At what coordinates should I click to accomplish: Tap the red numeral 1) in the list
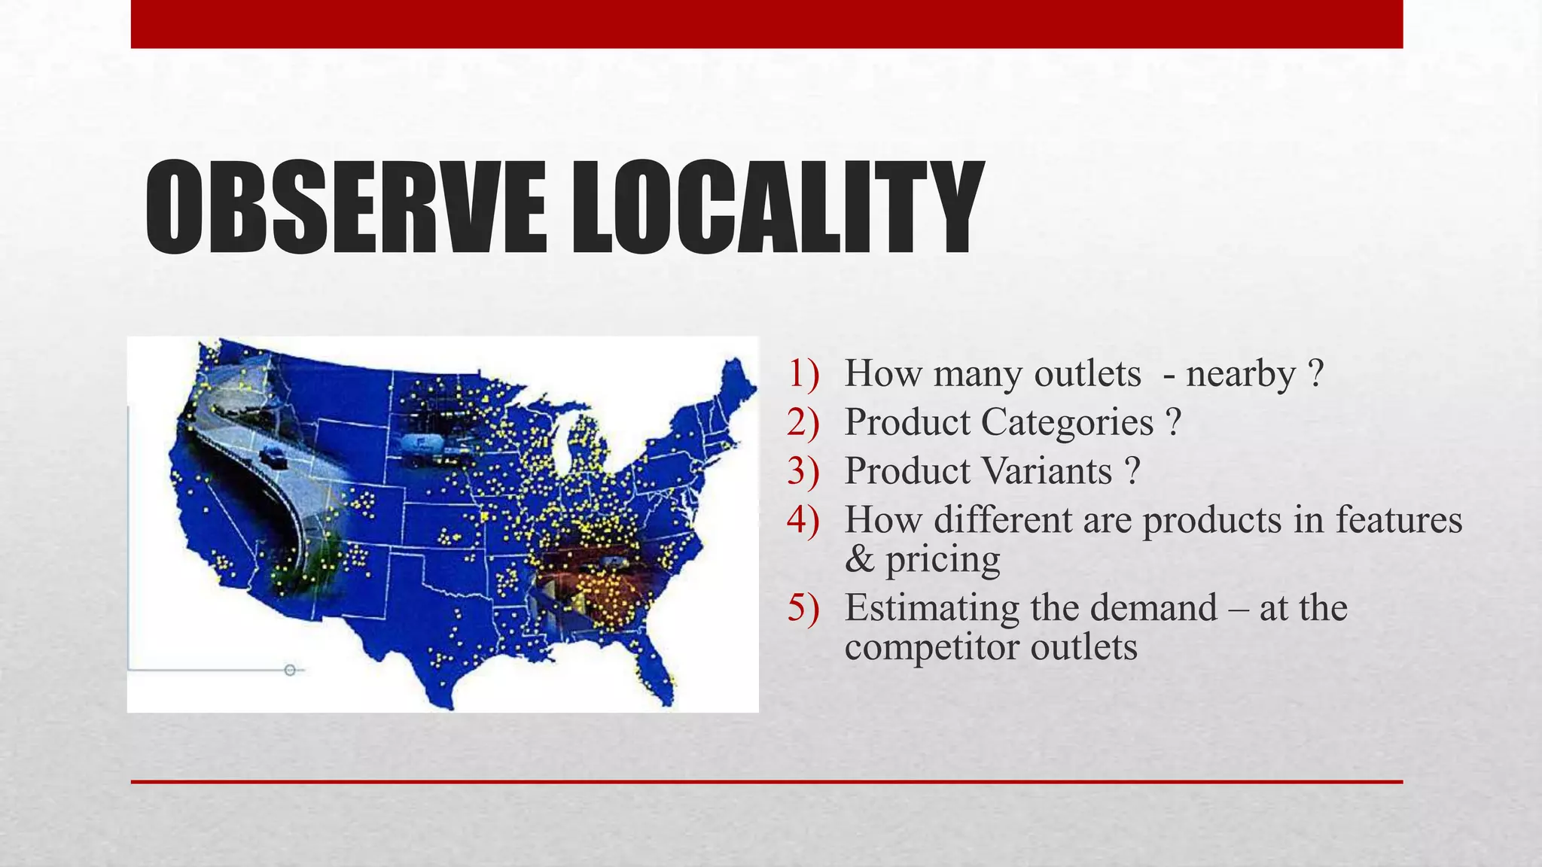click(x=803, y=374)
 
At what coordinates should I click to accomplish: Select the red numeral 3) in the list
click(x=803, y=472)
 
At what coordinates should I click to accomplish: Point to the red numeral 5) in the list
click(x=803, y=608)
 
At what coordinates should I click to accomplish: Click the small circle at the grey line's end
click(x=290, y=670)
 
